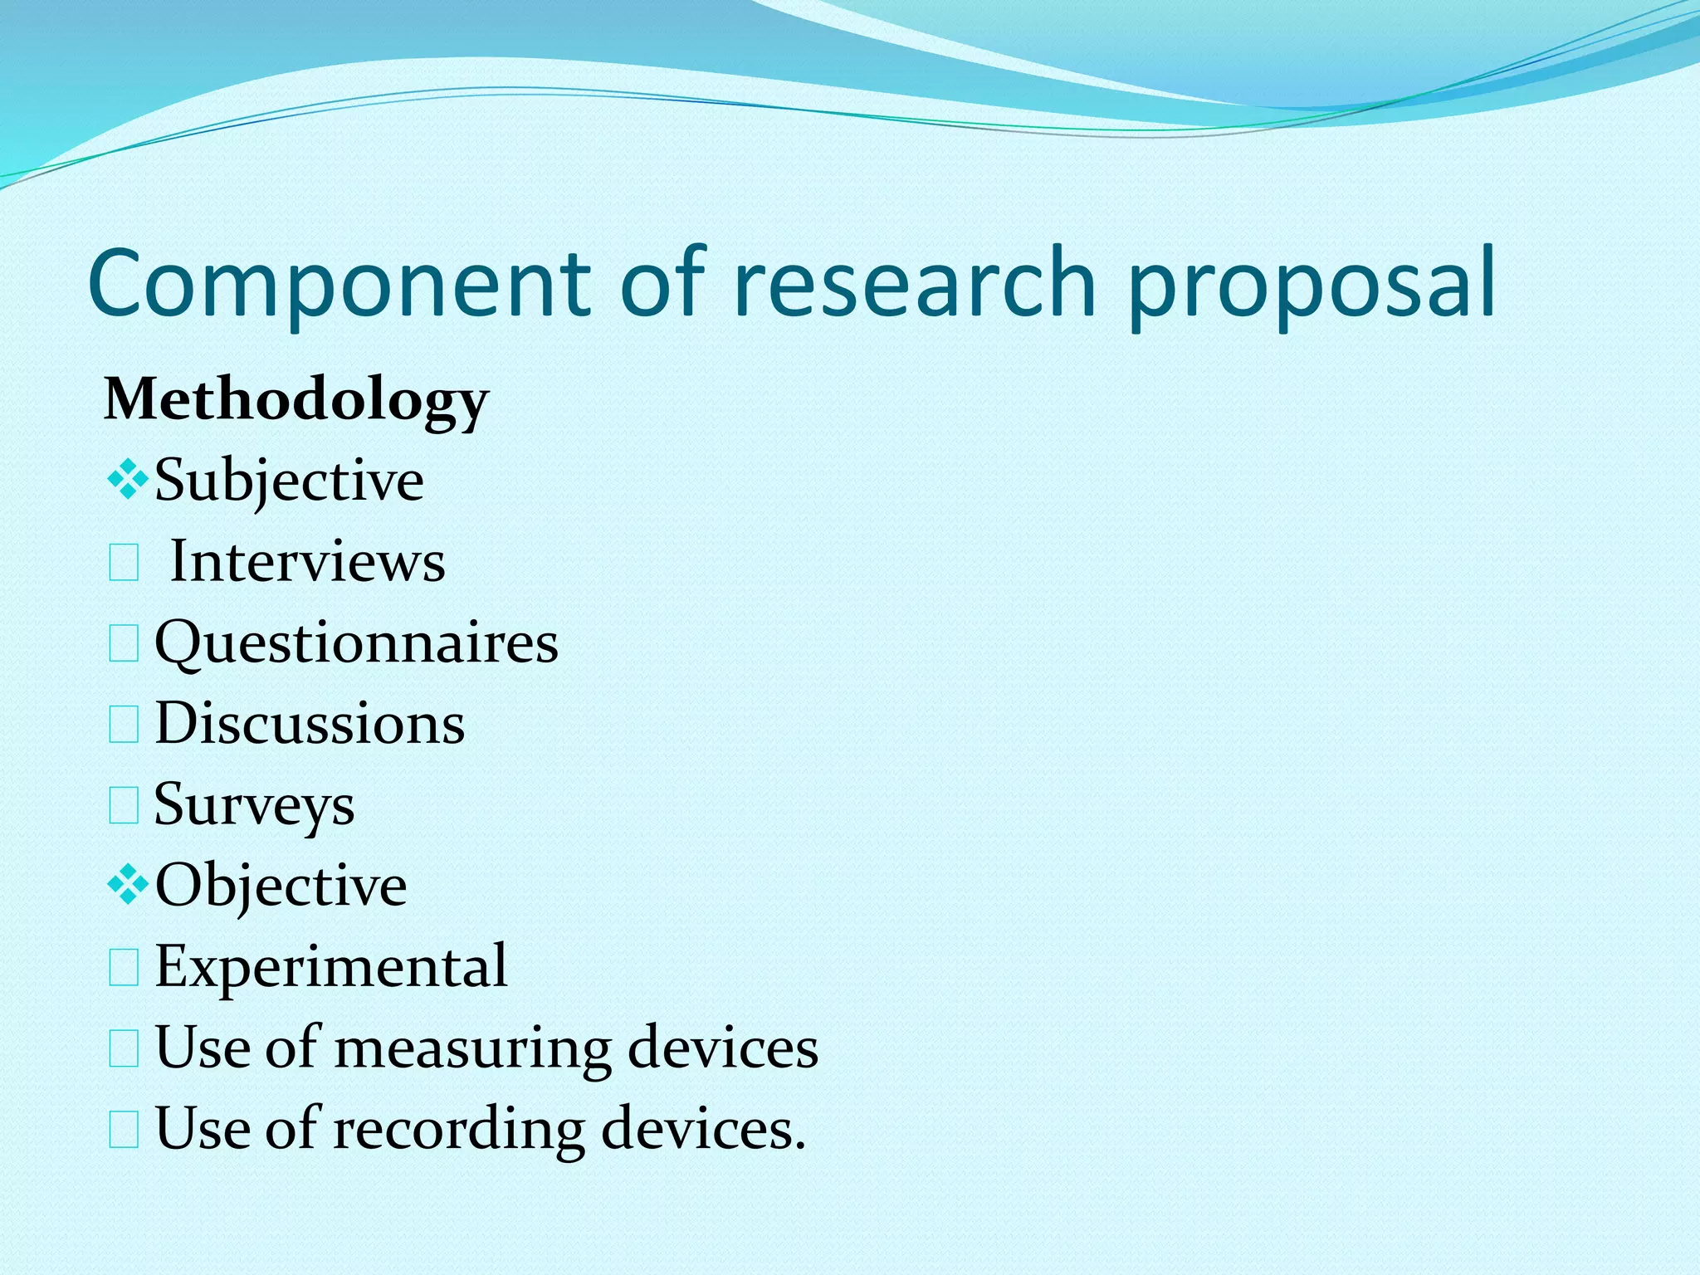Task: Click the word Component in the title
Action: tap(339, 284)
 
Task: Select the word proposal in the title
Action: tap(1312, 284)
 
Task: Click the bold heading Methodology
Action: tap(296, 401)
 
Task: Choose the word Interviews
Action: tap(308, 562)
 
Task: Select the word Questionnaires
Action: tap(356, 643)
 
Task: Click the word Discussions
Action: tap(310, 723)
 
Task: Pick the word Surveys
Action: tap(254, 804)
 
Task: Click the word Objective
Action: tap(281, 886)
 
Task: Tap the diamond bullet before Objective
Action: tap(127, 886)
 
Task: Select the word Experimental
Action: tap(330, 966)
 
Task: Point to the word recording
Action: tap(459, 1129)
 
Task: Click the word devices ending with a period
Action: tap(702, 1129)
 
